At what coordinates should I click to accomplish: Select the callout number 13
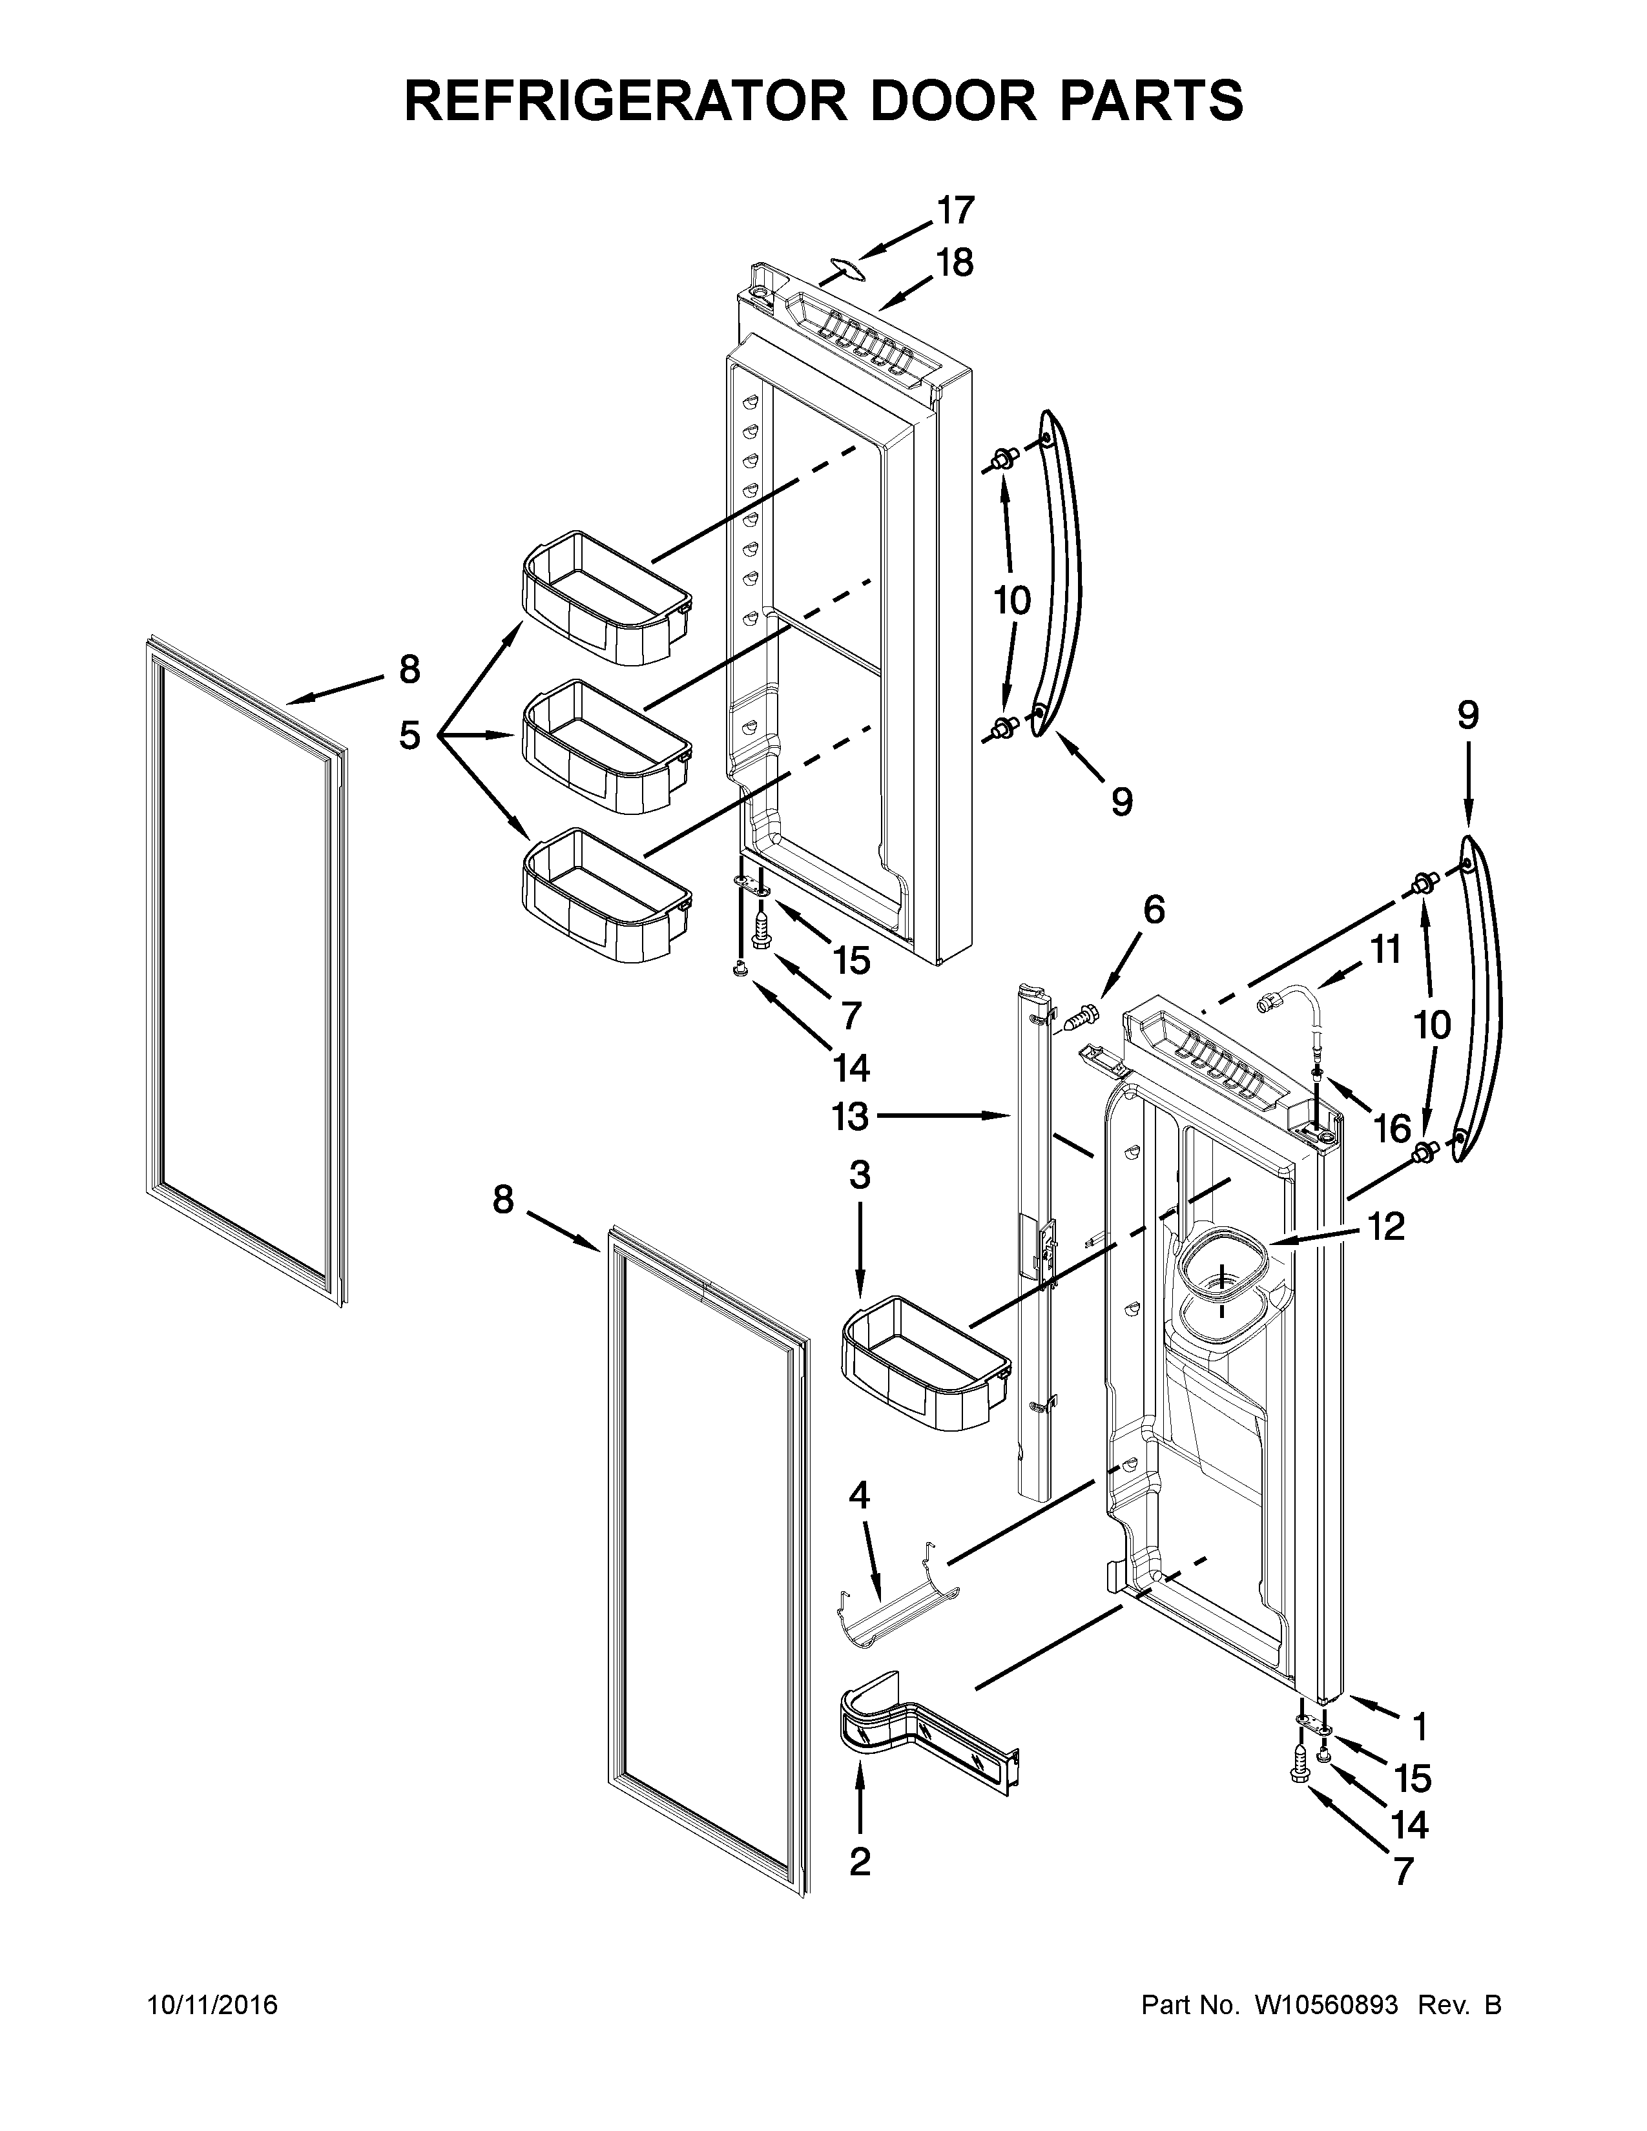click(x=850, y=1117)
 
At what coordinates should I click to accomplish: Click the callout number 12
click(x=1385, y=1226)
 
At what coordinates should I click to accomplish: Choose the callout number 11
click(x=1385, y=949)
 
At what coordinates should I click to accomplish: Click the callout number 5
click(x=409, y=735)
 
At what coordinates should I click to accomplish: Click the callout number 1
click(x=1420, y=1726)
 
